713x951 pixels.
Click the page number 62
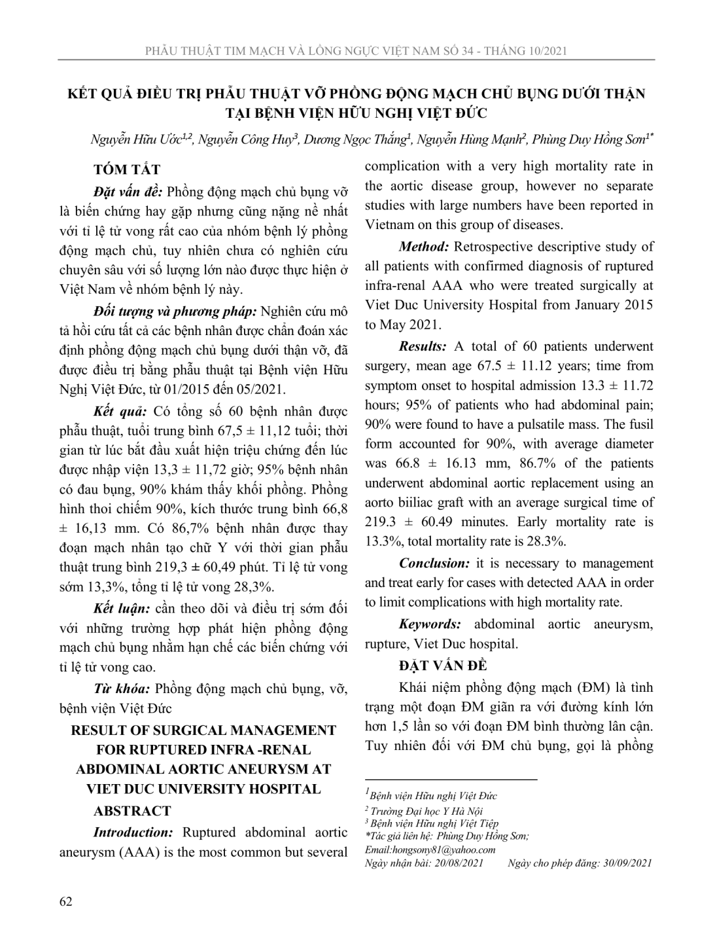click(65, 901)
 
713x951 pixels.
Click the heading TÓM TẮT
click(127, 170)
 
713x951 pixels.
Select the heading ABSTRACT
click(131, 811)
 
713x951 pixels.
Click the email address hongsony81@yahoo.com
click(452, 850)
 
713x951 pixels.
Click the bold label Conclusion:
click(434, 563)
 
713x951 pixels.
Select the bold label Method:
click(424, 247)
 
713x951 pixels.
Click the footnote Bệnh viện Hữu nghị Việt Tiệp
click(434, 823)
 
